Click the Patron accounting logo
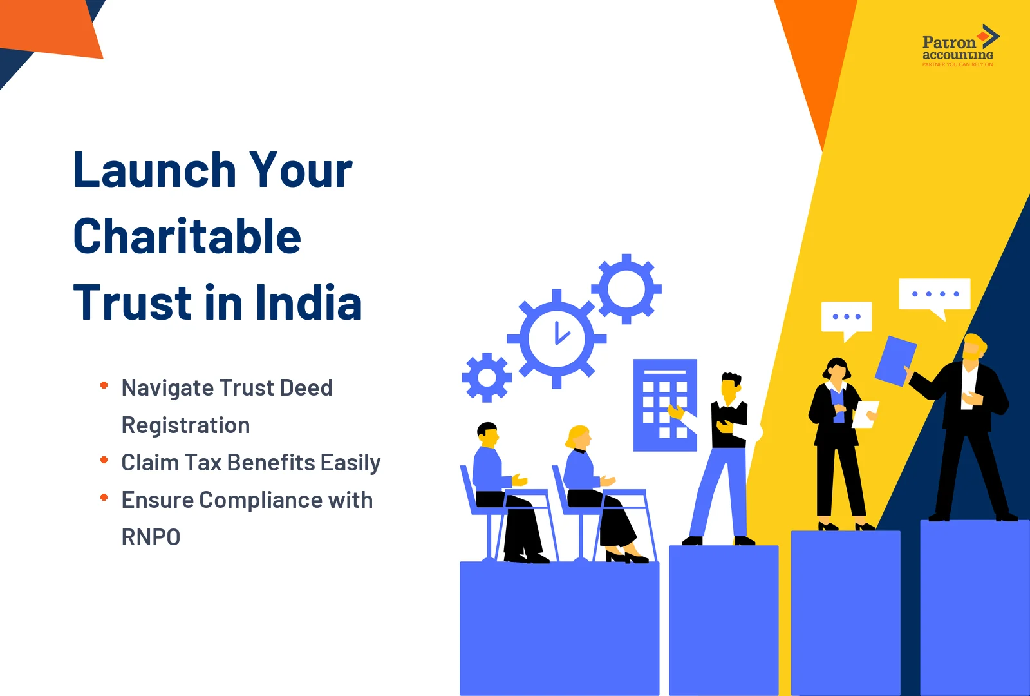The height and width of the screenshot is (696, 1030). (959, 46)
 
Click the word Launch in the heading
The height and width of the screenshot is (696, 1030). (155, 171)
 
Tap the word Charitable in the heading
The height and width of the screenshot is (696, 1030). (187, 237)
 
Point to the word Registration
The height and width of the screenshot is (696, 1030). (185, 426)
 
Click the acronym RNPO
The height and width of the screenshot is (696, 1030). (151, 537)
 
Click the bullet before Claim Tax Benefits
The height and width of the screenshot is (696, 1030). (104, 460)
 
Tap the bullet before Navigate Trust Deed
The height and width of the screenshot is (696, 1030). (104, 385)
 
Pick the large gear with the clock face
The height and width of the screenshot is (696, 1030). (557, 338)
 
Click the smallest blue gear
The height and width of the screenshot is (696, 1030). (487, 378)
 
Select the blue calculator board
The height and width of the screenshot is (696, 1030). (664, 405)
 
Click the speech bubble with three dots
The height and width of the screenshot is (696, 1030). (847, 317)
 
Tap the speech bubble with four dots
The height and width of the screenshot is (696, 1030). (934, 295)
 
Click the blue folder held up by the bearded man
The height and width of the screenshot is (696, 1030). (895, 361)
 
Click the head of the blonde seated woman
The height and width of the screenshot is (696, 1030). (579, 438)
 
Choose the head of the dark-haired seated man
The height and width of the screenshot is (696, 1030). (488, 435)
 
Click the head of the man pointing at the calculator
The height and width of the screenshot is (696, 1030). (731, 386)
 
